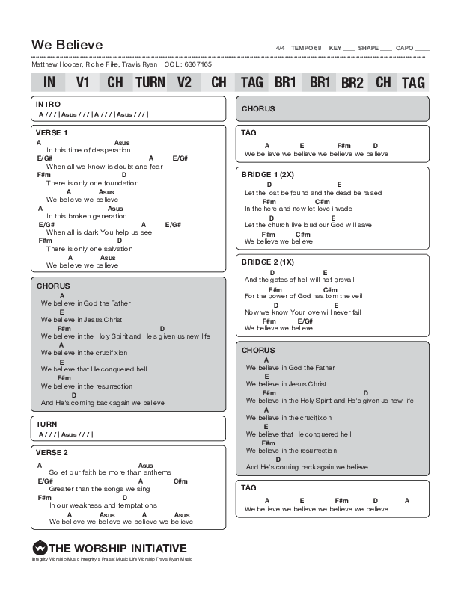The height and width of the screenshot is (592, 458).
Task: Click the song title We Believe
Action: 67,45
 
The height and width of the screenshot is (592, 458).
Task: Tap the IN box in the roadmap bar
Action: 49,82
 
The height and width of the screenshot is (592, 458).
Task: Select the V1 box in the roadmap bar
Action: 83,82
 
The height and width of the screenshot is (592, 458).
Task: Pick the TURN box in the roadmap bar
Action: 150,82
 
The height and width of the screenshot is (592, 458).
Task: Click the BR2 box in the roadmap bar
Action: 352,82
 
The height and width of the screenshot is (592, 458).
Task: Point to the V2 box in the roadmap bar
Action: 184,82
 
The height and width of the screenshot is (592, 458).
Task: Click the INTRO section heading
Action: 49,104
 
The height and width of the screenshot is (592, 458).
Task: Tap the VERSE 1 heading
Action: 52,133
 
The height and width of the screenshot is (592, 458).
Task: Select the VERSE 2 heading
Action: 52,453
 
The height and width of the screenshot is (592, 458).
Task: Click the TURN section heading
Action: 46,424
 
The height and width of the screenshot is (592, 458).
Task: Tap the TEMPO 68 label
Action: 306,48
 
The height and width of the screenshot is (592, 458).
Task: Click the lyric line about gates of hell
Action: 299,280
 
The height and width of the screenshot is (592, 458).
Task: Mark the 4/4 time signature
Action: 281,48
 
